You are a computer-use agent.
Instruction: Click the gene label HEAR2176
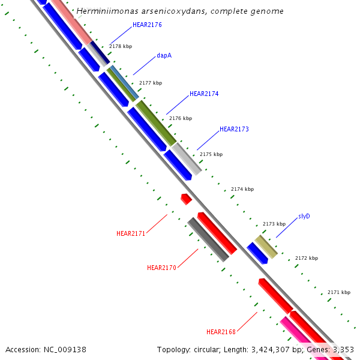(147, 25)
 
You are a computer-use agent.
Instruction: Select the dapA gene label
(164, 55)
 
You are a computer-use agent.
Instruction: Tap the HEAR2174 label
(204, 94)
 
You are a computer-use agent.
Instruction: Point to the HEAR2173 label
(234, 129)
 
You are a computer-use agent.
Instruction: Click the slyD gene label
(304, 216)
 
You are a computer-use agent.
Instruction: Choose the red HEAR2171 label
(131, 233)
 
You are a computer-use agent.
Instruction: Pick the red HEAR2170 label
(161, 268)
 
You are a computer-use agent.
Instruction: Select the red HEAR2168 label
(221, 332)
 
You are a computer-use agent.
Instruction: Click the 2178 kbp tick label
(121, 46)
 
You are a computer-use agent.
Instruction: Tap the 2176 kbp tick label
(181, 118)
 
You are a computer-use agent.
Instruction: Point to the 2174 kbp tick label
(242, 190)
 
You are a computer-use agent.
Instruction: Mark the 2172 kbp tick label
(307, 258)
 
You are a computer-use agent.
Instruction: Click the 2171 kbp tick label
(339, 292)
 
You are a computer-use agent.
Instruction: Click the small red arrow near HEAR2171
(186, 199)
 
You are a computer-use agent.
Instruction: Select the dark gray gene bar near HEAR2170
(208, 239)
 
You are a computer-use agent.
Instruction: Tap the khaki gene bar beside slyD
(266, 247)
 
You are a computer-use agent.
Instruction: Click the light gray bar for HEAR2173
(187, 158)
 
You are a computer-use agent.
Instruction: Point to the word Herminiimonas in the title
(106, 11)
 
